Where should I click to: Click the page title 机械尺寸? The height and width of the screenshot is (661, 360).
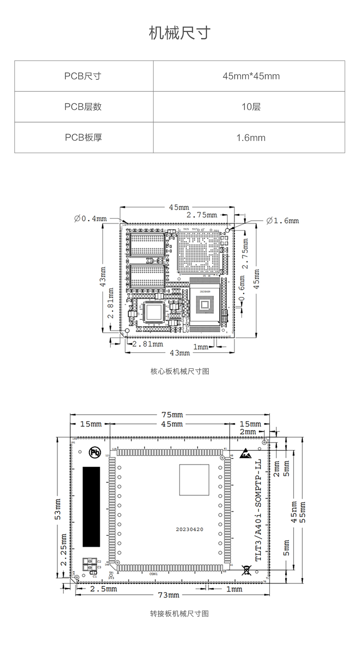180,33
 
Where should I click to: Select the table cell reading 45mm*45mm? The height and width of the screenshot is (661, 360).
251,76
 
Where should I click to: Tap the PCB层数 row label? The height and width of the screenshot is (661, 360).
83,107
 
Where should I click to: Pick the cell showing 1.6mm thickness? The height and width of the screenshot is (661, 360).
251,138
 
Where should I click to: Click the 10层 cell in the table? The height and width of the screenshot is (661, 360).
251,107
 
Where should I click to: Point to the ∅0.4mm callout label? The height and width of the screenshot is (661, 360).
91,219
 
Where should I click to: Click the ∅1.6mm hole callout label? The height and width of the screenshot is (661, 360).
283,221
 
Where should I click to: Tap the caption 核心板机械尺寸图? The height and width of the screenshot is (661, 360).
180,371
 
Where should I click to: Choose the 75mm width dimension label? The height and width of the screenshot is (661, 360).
172,415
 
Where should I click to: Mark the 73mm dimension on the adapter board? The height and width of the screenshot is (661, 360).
169,595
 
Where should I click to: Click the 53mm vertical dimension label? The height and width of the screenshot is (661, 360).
58,509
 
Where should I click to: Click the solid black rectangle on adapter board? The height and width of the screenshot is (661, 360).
91,506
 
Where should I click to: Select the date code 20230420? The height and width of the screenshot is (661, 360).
189,529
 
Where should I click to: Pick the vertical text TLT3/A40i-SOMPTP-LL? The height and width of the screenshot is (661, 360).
258,510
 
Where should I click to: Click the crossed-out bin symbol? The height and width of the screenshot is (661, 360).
246,570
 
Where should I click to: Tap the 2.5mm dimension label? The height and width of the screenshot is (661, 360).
104,589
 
